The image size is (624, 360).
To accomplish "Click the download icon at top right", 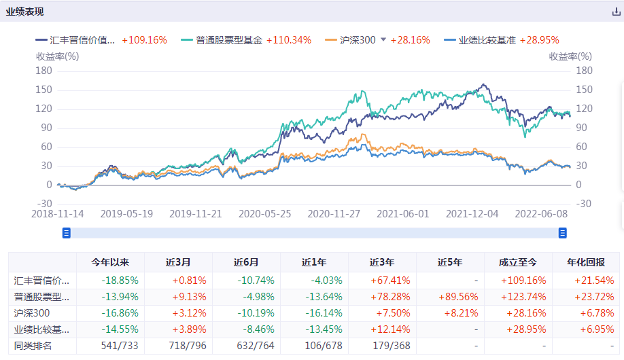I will [616, 12].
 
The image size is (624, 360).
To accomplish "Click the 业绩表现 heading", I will [25, 12].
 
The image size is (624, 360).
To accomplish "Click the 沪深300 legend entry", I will [358, 40].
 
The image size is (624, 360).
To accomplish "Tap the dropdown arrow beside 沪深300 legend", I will [383, 39].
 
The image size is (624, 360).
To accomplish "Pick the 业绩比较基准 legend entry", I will [487, 40].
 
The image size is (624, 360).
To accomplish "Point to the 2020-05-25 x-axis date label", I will [265, 213].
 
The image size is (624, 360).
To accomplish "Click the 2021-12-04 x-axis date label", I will [472, 213].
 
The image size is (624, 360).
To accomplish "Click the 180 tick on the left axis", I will [44, 71].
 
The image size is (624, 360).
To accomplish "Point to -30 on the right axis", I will [584, 204].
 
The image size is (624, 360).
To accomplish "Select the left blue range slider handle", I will [67, 233].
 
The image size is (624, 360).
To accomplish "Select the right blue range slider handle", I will [563, 233].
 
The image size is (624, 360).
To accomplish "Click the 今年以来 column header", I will [110, 262].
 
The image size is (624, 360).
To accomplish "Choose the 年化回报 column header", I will [585, 262].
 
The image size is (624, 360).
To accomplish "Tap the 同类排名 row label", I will [33, 346].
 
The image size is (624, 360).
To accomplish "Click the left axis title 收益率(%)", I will [57, 57].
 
